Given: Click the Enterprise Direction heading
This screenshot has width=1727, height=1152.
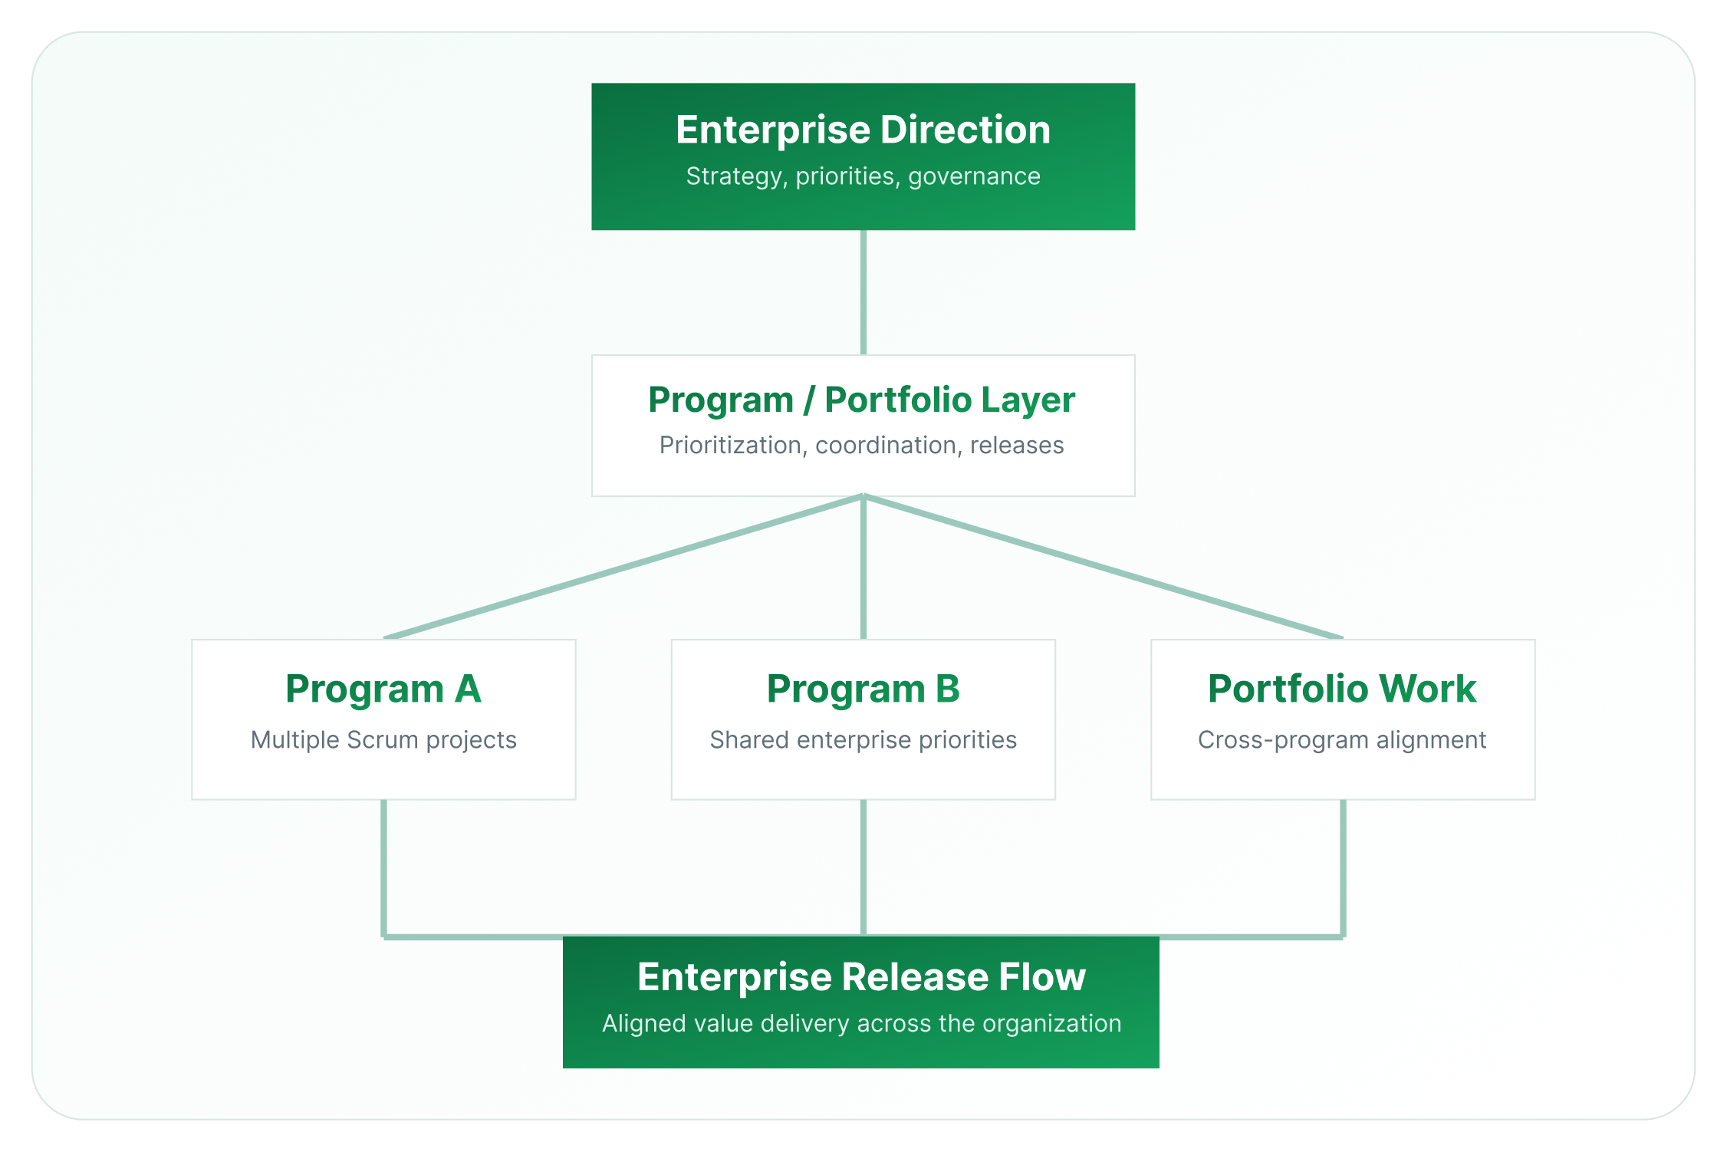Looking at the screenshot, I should [863, 130].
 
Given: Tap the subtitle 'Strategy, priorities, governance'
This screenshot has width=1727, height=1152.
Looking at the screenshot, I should [863, 176].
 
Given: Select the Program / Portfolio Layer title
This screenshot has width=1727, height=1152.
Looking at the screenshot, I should [861, 400].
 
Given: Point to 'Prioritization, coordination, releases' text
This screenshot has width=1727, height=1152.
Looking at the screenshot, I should [861, 446].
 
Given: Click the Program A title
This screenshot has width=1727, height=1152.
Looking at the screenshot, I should [383, 689].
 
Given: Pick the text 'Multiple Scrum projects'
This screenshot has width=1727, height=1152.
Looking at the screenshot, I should [383, 740].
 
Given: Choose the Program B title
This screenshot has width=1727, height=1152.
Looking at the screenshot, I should [863, 689].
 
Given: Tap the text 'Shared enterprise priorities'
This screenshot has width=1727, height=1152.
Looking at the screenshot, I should [863, 740].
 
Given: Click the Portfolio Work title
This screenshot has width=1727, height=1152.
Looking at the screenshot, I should [1342, 689].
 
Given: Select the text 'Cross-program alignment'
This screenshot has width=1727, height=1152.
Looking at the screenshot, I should [1342, 740].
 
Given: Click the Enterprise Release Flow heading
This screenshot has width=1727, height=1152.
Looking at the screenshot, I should [861, 977].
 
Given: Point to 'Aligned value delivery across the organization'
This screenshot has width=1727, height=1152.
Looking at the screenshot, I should [861, 1024].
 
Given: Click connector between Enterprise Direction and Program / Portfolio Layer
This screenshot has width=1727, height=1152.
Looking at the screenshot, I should [863, 292].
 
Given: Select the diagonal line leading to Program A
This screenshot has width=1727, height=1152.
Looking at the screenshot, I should [623, 567].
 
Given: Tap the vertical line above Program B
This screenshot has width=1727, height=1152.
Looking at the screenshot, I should [863, 568].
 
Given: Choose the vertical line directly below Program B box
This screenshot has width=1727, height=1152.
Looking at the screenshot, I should [863, 867].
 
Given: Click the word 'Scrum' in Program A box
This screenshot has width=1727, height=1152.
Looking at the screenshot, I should [382, 740].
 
